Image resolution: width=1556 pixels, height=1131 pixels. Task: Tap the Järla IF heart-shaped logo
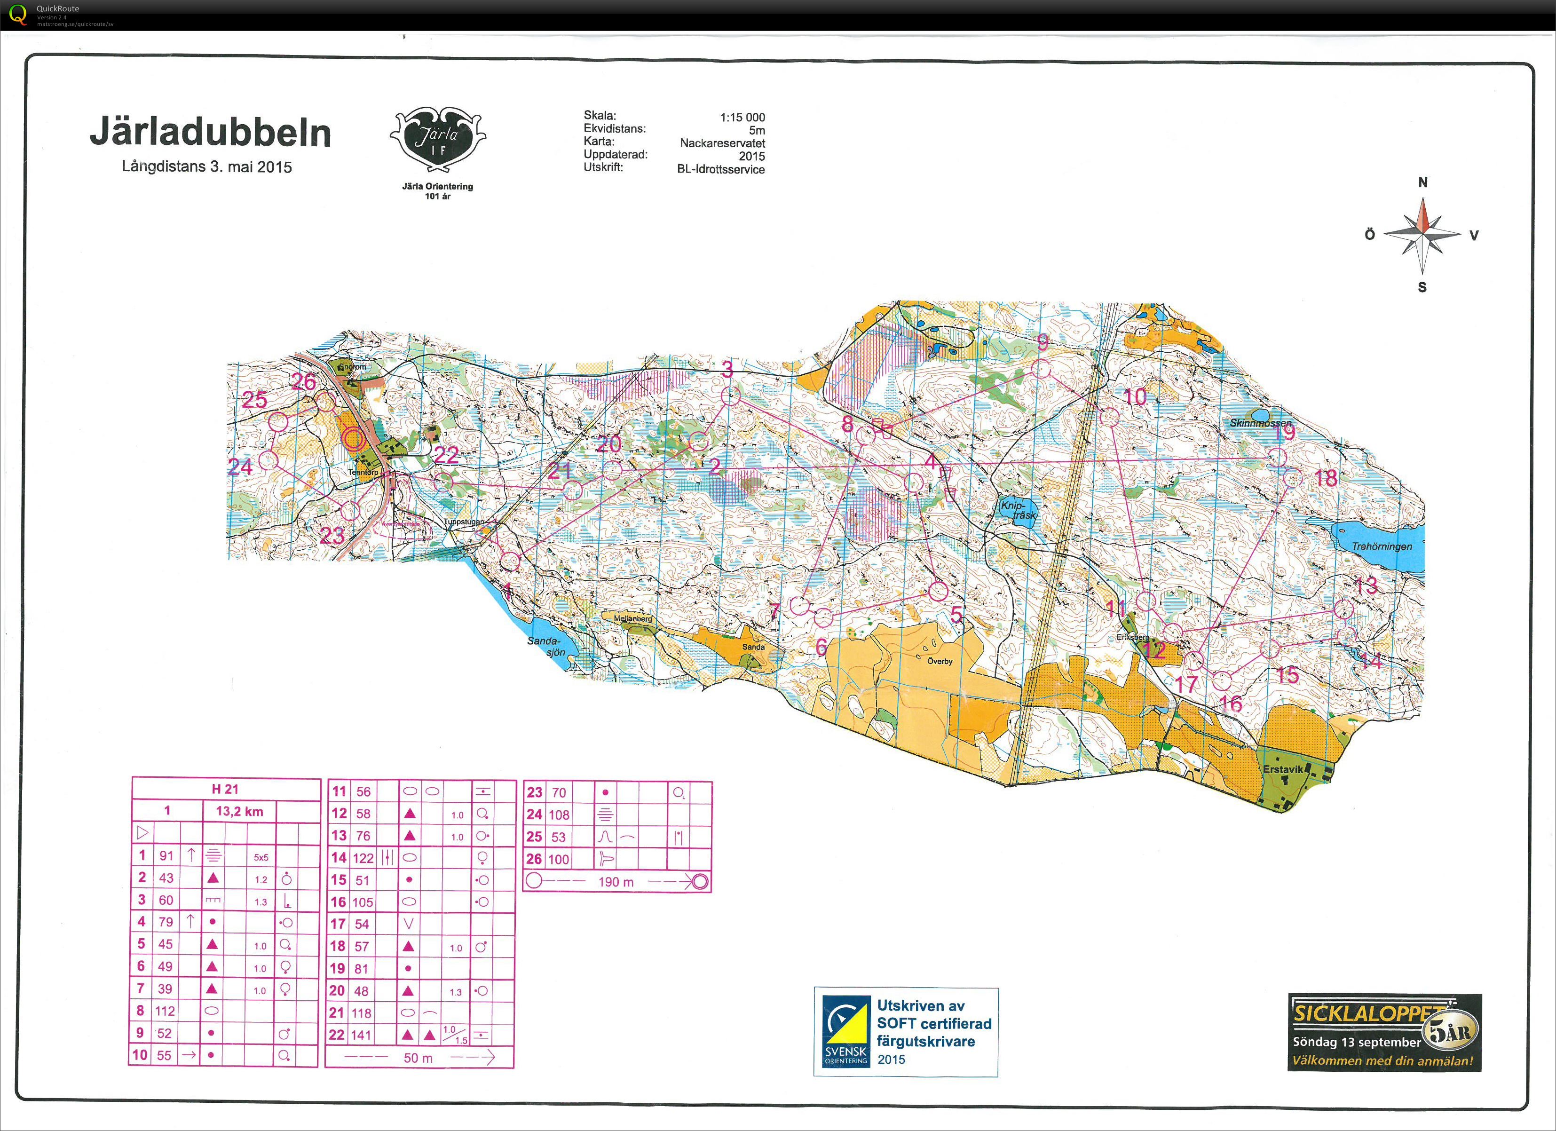[x=438, y=139]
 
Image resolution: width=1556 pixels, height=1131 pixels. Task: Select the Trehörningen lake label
[x=1382, y=546]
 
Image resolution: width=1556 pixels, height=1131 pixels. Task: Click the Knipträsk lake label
[x=1018, y=510]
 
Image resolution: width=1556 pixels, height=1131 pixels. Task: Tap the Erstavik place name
[x=1282, y=769]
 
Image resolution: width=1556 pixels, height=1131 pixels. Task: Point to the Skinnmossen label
[x=1260, y=423]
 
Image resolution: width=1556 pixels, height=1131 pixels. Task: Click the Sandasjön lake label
[x=546, y=646]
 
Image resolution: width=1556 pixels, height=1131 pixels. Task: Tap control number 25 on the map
[x=254, y=399]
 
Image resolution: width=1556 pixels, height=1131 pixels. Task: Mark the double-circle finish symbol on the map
[x=354, y=439]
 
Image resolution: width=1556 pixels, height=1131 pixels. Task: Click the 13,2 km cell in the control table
[x=239, y=811]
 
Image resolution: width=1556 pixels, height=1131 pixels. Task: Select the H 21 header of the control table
[x=225, y=789]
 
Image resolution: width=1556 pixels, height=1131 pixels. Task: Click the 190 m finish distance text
[x=616, y=882]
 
